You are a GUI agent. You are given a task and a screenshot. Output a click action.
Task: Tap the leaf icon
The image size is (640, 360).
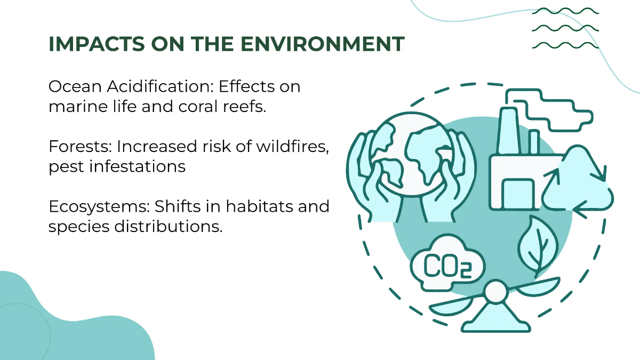point(538,245)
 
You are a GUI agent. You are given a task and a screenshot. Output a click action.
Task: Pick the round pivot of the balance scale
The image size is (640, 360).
point(496,292)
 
